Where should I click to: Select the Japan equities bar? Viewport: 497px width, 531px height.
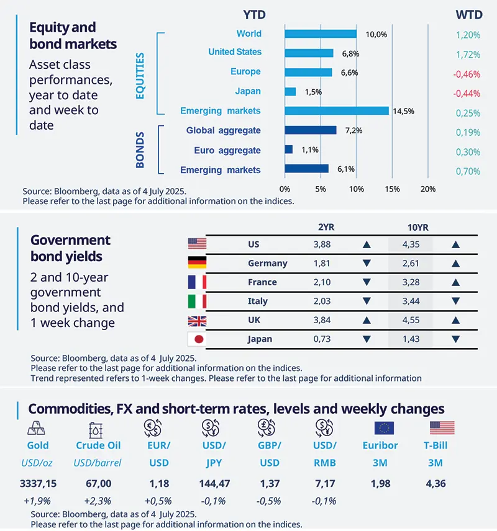[290, 92]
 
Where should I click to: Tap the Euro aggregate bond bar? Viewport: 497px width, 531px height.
[288, 149]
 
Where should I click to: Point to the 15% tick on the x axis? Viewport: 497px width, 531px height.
[391, 189]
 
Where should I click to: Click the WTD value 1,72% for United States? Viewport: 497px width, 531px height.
[468, 55]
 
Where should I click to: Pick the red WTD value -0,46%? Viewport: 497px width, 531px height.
[467, 74]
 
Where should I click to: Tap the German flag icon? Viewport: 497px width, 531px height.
[197, 262]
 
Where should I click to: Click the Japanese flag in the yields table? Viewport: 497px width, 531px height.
[197, 339]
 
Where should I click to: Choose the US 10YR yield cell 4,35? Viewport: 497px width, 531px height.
[411, 244]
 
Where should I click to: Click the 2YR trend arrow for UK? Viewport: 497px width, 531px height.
[366, 320]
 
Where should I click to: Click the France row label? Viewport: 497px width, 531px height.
[262, 282]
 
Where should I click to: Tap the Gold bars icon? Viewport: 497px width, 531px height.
[37, 427]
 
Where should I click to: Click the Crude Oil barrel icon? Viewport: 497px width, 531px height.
[98, 428]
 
